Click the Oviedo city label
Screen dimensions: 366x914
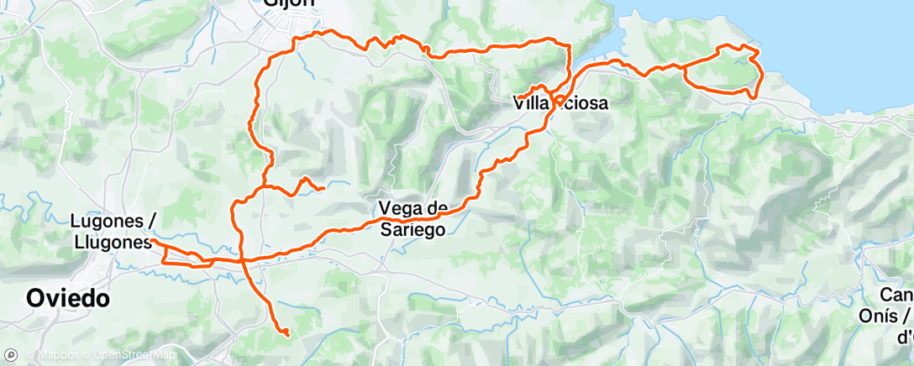click(67, 299)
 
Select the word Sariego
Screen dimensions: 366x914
click(411, 229)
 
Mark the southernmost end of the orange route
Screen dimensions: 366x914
click(287, 335)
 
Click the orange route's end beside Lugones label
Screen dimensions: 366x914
click(153, 241)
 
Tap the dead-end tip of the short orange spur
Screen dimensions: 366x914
click(324, 188)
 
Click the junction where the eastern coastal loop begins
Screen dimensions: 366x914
click(681, 64)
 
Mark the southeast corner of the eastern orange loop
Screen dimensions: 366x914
click(756, 96)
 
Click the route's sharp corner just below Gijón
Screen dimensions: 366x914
click(296, 39)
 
